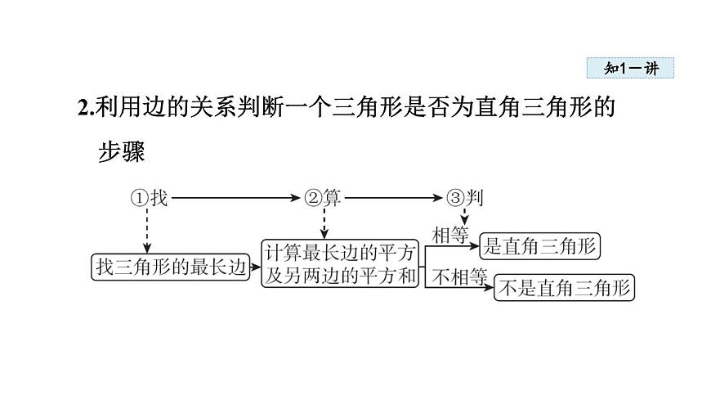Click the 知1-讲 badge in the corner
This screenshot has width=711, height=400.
click(630, 69)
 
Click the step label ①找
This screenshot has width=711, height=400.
click(149, 197)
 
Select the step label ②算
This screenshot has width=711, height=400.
click(323, 197)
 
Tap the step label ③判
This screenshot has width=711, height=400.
click(465, 197)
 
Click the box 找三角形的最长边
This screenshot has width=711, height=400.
click(170, 267)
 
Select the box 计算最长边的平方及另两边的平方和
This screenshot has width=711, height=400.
click(341, 263)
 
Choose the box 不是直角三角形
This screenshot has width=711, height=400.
click(565, 287)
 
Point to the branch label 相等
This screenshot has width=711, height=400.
click(450, 236)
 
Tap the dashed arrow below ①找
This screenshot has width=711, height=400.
click(149, 229)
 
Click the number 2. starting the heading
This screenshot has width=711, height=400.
click(84, 108)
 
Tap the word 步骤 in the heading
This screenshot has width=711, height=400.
click(121, 152)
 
